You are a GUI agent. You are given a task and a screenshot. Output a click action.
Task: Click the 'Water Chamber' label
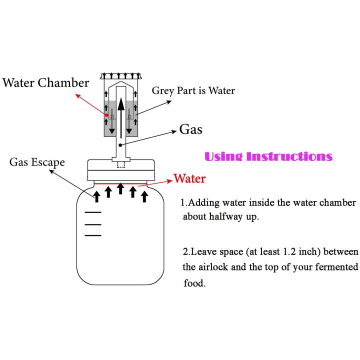(45, 82)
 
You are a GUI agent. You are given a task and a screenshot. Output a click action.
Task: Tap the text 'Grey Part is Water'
(193, 90)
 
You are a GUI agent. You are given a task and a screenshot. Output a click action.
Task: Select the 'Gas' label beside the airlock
(190, 130)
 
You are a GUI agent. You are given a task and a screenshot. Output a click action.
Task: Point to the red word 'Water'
(189, 178)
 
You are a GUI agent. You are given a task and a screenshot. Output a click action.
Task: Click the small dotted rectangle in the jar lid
(120, 165)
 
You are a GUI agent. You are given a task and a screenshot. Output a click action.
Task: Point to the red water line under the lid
(120, 183)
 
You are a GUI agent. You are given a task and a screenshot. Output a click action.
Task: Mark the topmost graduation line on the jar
(92, 212)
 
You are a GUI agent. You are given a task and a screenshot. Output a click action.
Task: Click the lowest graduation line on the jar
(92, 235)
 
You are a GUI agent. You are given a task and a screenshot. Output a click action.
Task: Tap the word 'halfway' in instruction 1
(232, 217)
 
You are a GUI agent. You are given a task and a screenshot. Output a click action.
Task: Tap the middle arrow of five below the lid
(120, 188)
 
